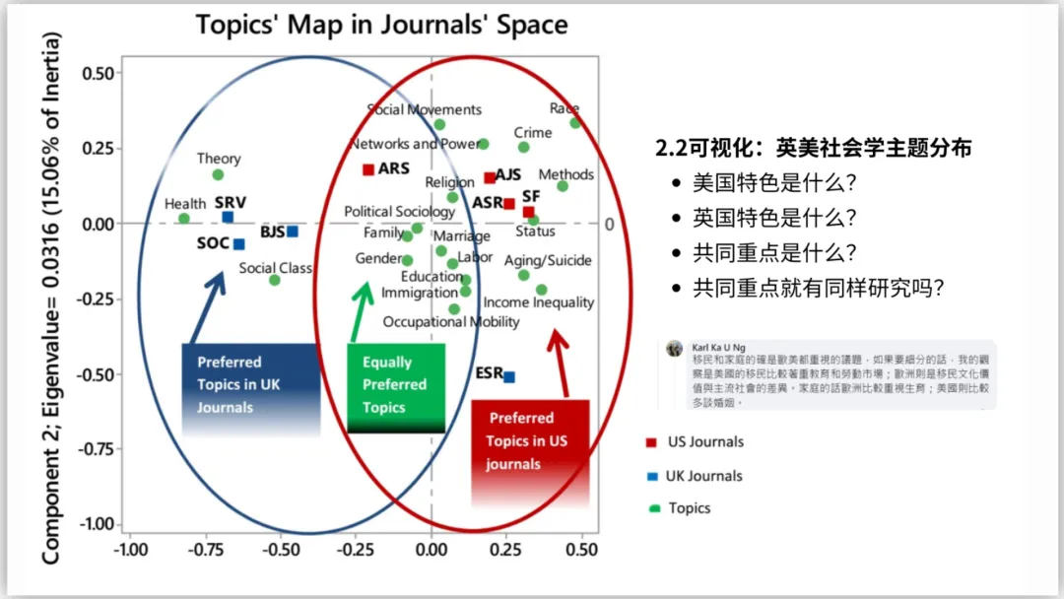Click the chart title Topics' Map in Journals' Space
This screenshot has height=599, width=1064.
coord(382,24)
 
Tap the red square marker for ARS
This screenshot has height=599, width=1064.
coord(368,169)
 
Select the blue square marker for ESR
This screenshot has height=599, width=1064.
coord(509,376)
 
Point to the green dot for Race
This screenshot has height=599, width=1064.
coord(575,122)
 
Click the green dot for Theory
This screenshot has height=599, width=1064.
coord(218,174)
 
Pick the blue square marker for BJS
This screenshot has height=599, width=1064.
coord(293,232)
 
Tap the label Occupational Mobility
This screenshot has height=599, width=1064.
coord(451,322)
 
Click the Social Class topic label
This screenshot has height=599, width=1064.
coord(275,268)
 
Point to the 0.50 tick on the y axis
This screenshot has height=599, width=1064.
coord(98,73)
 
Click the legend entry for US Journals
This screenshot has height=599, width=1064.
coord(704,442)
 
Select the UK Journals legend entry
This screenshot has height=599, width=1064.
coord(703,476)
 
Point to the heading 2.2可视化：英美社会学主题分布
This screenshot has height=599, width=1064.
coord(814,149)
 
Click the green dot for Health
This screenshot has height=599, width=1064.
coord(184,219)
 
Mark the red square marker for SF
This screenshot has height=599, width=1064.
coord(528,212)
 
